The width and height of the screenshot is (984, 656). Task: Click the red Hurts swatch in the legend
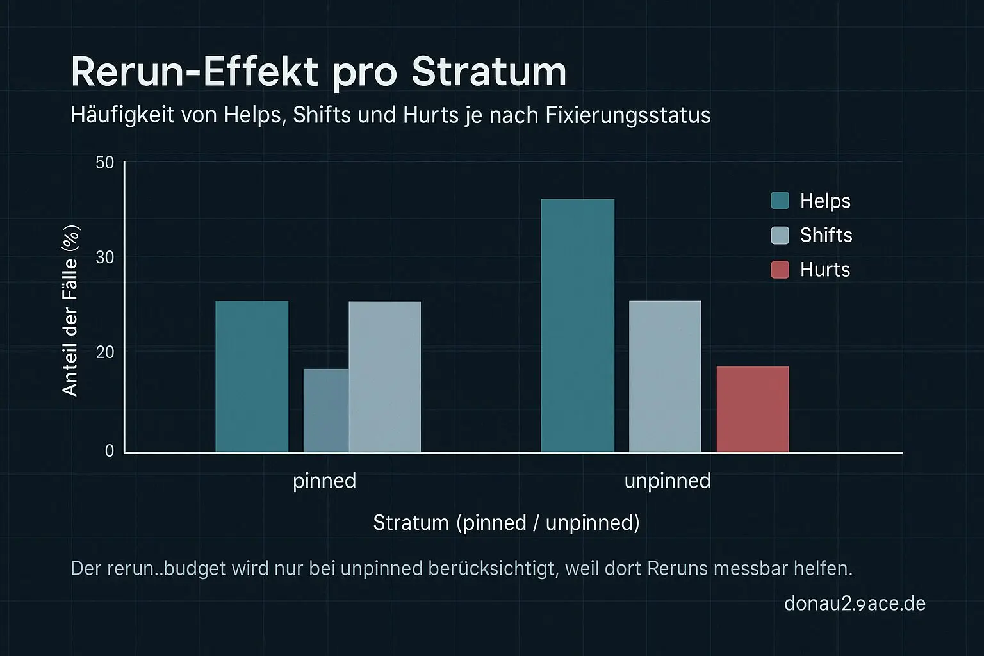(x=780, y=270)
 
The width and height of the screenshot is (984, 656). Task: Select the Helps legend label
(x=825, y=201)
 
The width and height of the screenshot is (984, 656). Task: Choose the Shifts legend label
(x=826, y=235)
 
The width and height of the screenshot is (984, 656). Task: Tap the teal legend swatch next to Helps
(x=780, y=201)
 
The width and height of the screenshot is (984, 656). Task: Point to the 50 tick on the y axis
(x=104, y=163)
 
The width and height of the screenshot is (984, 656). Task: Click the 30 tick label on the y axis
(x=104, y=258)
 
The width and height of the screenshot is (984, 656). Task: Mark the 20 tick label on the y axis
(x=104, y=352)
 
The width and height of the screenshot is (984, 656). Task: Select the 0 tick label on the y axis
(x=110, y=451)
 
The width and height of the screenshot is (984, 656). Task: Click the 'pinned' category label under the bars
(x=324, y=480)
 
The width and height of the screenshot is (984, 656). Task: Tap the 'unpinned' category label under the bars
(x=668, y=480)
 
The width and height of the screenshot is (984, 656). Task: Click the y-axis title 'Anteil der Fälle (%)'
(x=70, y=311)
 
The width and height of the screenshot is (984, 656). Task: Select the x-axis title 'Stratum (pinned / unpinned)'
(x=506, y=523)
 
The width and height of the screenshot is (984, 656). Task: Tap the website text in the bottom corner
(x=855, y=603)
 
